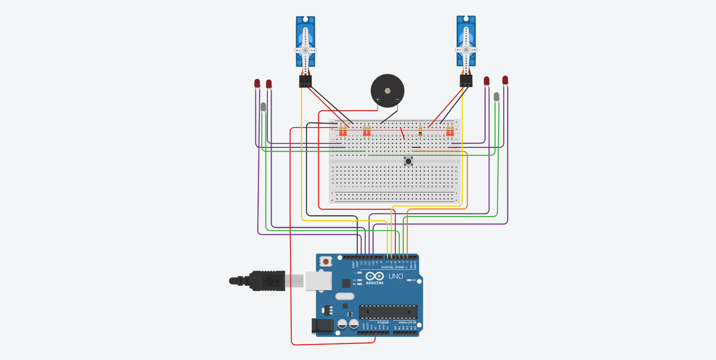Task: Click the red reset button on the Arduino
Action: [325, 261]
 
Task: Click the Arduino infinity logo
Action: [374, 276]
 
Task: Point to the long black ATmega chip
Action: [388, 312]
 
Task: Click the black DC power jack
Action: [322, 325]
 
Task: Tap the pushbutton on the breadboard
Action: [409, 161]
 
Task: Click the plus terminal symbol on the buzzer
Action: [378, 99]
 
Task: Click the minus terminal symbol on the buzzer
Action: [397, 99]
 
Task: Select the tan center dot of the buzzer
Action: [387, 91]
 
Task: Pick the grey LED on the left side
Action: [263, 107]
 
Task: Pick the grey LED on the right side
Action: [497, 96]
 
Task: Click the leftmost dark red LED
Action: [257, 83]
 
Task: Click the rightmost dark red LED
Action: [505, 80]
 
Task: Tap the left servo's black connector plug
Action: [305, 81]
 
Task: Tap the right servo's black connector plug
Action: [466, 81]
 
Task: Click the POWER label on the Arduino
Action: [383, 322]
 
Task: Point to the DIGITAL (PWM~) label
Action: [394, 267]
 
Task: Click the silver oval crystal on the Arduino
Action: [345, 296]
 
